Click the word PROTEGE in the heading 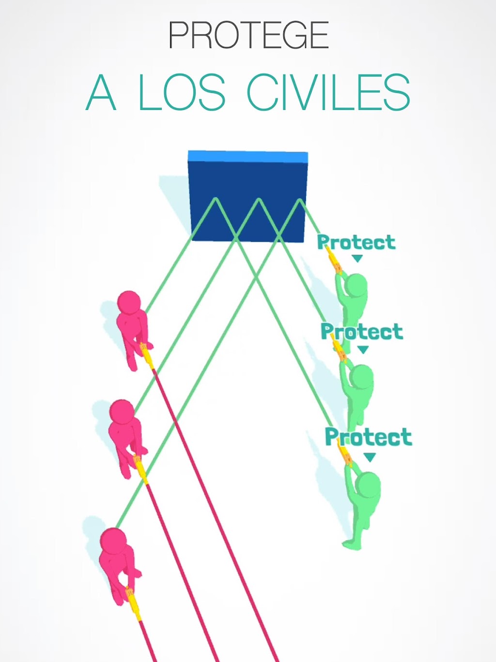[x=248, y=35]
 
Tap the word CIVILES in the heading [x=328, y=92]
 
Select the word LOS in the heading [x=182, y=92]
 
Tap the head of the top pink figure [x=129, y=303]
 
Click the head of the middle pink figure [x=122, y=411]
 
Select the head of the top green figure [x=356, y=285]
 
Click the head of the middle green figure [x=361, y=377]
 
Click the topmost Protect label [x=356, y=242]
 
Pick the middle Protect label [x=362, y=331]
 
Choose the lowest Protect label [x=369, y=437]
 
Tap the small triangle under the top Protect [x=357, y=258]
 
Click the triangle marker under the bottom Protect [x=370, y=457]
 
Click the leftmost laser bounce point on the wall [x=215, y=198]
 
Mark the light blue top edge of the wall [x=248, y=156]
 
